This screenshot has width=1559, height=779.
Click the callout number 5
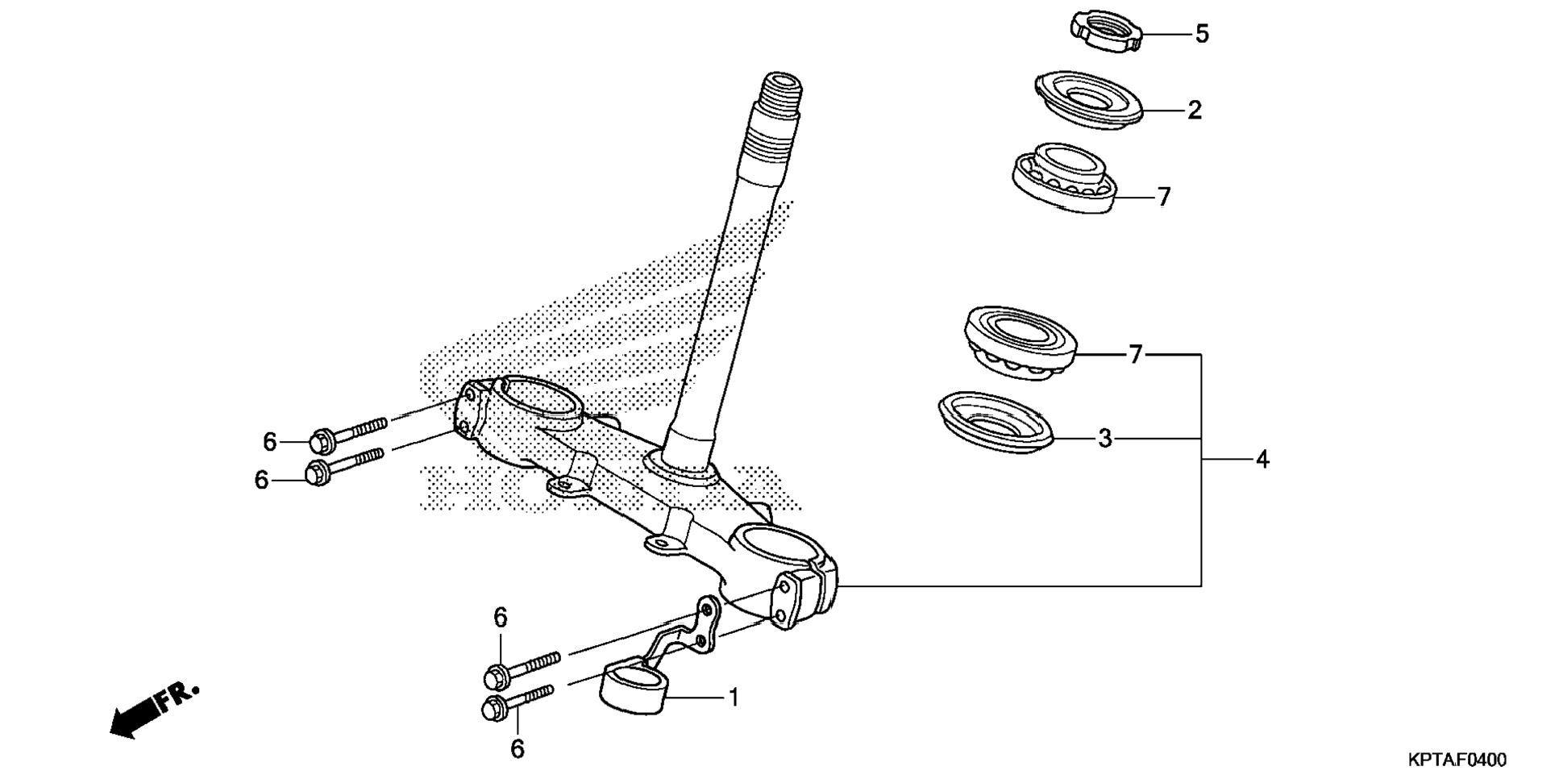[1201, 34]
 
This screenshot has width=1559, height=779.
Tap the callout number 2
[1195, 110]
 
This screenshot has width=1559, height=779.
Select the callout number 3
[1104, 439]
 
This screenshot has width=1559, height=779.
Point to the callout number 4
[1262, 460]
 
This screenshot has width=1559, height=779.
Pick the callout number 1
[734, 698]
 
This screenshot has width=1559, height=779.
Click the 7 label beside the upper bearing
[1163, 197]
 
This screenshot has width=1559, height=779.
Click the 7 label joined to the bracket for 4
[1135, 354]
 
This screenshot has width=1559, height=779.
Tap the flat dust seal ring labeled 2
[1088, 98]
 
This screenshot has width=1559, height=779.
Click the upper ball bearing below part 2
[1064, 179]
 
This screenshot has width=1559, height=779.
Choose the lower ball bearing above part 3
[1021, 343]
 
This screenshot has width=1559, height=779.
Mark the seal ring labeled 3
[996, 421]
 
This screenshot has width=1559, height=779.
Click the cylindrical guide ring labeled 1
[633, 687]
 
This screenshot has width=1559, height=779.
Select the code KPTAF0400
[1457, 760]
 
